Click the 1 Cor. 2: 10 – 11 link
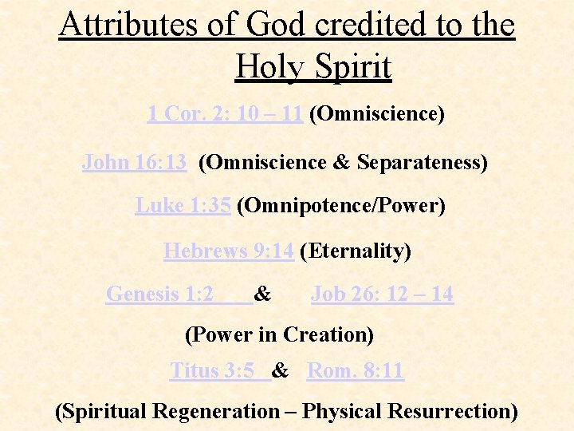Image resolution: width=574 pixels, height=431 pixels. tap(225, 114)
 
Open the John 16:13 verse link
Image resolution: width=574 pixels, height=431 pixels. tap(135, 163)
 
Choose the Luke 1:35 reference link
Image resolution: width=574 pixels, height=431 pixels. tap(183, 206)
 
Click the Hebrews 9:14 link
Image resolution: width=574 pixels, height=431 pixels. tap(229, 251)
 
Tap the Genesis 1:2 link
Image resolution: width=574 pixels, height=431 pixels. tap(160, 295)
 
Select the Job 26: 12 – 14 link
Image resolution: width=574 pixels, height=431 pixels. tap(382, 295)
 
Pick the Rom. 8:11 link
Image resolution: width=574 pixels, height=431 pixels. tap(356, 371)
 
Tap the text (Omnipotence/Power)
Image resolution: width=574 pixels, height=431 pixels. tap(341, 206)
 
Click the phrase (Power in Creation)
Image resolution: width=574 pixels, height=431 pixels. tap(279, 334)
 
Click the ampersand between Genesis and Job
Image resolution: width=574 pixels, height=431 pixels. tap(263, 295)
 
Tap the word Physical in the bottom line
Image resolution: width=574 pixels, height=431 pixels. tap(345, 412)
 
